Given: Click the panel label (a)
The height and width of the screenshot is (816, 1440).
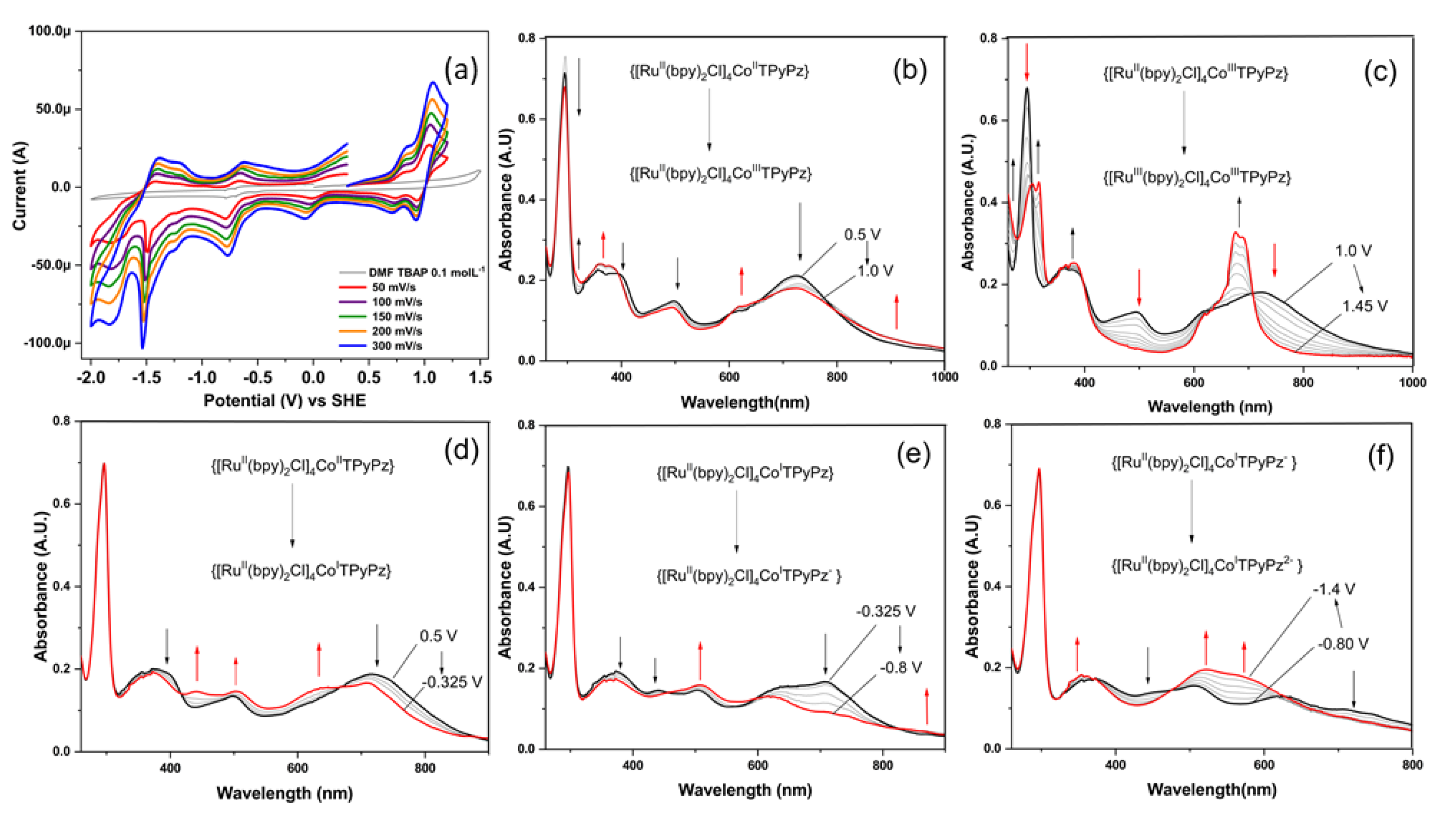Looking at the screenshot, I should coord(460,71).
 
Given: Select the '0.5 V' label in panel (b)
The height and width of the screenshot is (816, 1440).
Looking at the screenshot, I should coord(862,234).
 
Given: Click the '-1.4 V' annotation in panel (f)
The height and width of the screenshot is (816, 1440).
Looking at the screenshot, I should coord(1334,589).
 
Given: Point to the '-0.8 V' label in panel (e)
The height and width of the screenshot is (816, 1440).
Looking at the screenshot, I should coord(900,667).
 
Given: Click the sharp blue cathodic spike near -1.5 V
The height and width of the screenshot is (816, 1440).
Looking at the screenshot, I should coord(142,347).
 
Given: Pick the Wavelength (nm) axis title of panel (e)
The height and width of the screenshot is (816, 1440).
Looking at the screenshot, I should coord(745,790).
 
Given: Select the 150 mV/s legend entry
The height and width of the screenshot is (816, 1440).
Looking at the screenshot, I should coord(397,317).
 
